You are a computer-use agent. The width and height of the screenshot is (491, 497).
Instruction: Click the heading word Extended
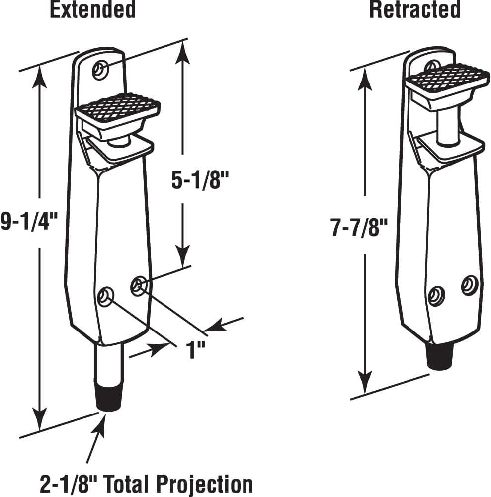92,10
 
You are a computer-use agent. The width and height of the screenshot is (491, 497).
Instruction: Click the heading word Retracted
414,10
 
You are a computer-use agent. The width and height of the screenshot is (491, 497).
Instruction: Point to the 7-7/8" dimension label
359,228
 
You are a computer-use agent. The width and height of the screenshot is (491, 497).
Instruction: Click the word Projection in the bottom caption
205,484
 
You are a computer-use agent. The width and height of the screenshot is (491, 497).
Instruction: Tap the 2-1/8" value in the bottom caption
68,484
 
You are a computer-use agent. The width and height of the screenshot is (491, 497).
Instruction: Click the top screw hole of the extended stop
101,70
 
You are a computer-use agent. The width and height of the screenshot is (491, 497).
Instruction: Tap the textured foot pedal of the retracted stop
447,78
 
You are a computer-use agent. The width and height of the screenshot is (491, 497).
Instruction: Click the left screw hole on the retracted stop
436,295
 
